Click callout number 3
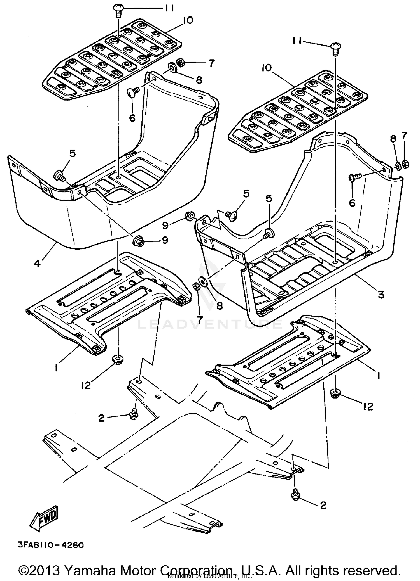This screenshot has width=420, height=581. [381, 294]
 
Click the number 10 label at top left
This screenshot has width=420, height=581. [188, 20]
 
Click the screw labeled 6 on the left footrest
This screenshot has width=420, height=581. [132, 91]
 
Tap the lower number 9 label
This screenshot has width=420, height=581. [165, 240]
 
